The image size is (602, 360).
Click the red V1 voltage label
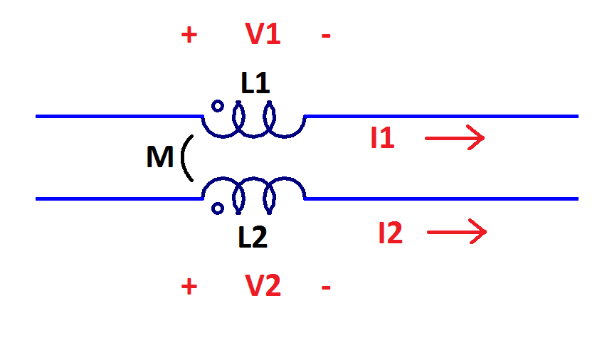point(263,34)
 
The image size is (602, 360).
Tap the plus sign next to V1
point(189,35)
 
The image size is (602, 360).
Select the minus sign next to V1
point(326,35)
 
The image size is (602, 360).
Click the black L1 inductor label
point(255,83)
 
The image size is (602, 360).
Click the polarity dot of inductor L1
point(218,107)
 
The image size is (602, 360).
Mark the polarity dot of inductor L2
point(218,208)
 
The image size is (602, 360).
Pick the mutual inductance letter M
point(159,158)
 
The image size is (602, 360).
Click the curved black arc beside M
point(186,158)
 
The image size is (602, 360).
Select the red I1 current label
point(382,138)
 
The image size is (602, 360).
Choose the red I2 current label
point(390,233)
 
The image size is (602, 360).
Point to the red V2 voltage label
point(263,286)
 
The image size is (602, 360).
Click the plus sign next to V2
point(189,287)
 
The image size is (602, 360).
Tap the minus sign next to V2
point(326,287)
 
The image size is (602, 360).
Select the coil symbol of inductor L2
point(254,192)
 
